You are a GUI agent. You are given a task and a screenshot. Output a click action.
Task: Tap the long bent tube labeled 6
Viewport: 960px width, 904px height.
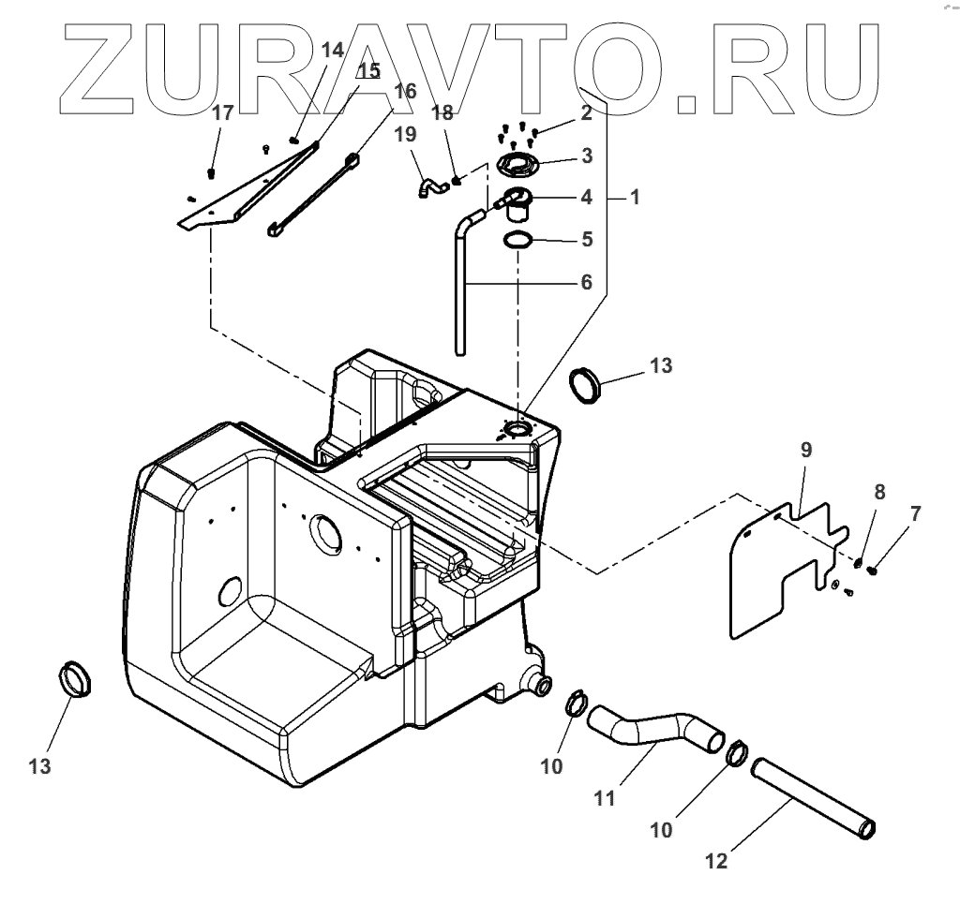[x=460, y=290]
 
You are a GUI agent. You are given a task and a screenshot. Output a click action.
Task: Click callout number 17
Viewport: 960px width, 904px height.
[x=222, y=114]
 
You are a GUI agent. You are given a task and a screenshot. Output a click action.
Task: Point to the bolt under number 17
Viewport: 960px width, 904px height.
[x=211, y=172]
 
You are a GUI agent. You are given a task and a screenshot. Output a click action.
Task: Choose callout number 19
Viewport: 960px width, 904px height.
[x=405, y=134]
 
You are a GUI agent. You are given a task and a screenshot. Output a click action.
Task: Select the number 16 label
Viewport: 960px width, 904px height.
[x=404, y=92]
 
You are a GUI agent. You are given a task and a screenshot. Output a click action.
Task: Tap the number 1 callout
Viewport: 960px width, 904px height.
[x=635, y=198]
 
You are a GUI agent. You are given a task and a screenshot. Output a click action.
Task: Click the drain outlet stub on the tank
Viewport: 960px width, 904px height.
[x=541, y=685]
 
